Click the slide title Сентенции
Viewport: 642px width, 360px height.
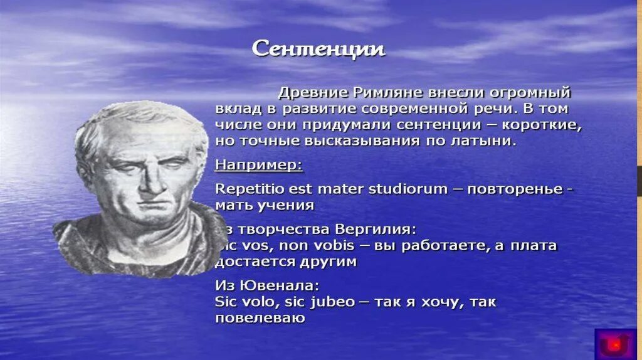tap(318, 49)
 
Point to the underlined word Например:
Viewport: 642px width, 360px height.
tap(258, 166)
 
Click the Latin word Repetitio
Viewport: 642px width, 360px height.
tap(249, 188)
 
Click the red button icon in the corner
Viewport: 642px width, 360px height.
tap(616, 343)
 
